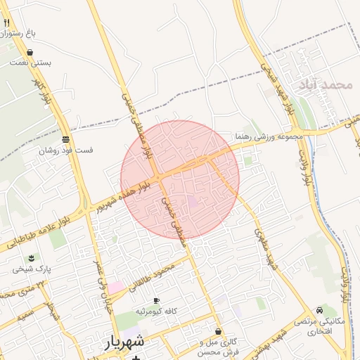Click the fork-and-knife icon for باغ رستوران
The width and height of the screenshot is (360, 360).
(x=6, y=22)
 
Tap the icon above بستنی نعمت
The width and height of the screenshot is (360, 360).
(x=30, y=52)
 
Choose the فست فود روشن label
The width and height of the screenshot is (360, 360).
(x=65, y=150)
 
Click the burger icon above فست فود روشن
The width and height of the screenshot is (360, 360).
(x=65, y=139)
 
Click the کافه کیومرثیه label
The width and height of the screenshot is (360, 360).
(x=155, y=311)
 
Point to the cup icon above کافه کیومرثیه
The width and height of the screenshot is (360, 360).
(x=155, y=300)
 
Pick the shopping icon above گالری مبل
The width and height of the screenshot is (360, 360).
(x=218, y=331)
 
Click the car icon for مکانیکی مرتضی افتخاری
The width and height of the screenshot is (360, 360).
(x=320, y=310)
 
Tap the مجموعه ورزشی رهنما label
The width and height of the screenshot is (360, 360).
(x=269, y=136)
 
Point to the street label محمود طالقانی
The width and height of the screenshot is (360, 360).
(x=156, y=274)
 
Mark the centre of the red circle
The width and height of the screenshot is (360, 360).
(x=180, y=179)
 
